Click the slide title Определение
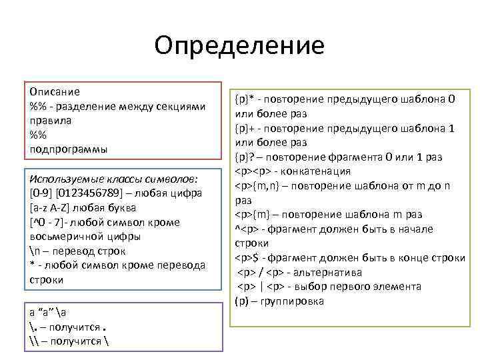(239, 45)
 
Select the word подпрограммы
(68, 149)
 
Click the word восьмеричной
(65, 236)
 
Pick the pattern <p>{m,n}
(258, 185)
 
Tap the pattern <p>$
(250, 257)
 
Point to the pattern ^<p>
(247, 229)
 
